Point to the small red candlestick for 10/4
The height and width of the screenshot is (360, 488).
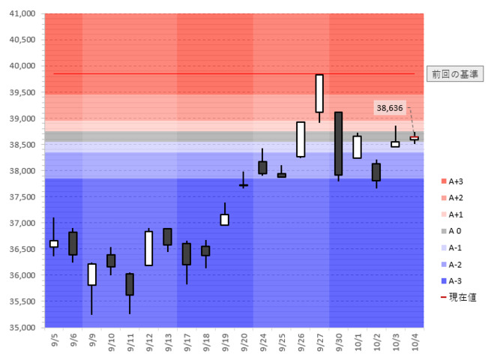(415, 138)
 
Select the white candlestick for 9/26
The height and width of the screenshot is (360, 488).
(301, 139)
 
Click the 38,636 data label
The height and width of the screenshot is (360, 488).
(390, 108)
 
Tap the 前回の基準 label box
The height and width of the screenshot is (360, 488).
(455, 74)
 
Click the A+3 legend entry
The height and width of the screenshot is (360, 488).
(452, 181)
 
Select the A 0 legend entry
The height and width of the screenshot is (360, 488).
(451, 231)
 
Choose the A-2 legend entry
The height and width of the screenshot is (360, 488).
(452, 265)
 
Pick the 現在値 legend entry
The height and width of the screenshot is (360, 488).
(459, 298)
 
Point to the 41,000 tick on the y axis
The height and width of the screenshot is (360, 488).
(22, 13)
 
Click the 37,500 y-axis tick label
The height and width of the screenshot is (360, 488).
(22, 196)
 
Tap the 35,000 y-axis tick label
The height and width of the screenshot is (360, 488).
(22, 327)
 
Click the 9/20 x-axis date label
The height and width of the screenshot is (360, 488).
(244, 342)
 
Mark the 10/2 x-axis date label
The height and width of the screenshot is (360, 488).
(376, 342)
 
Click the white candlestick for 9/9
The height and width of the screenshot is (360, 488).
(91, 274)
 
